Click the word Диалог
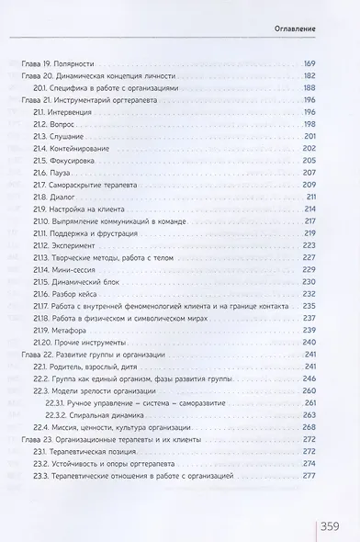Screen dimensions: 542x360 coord(75,196)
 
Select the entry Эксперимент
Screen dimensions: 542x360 coord(88,244)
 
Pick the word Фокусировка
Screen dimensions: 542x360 coord(85,160)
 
